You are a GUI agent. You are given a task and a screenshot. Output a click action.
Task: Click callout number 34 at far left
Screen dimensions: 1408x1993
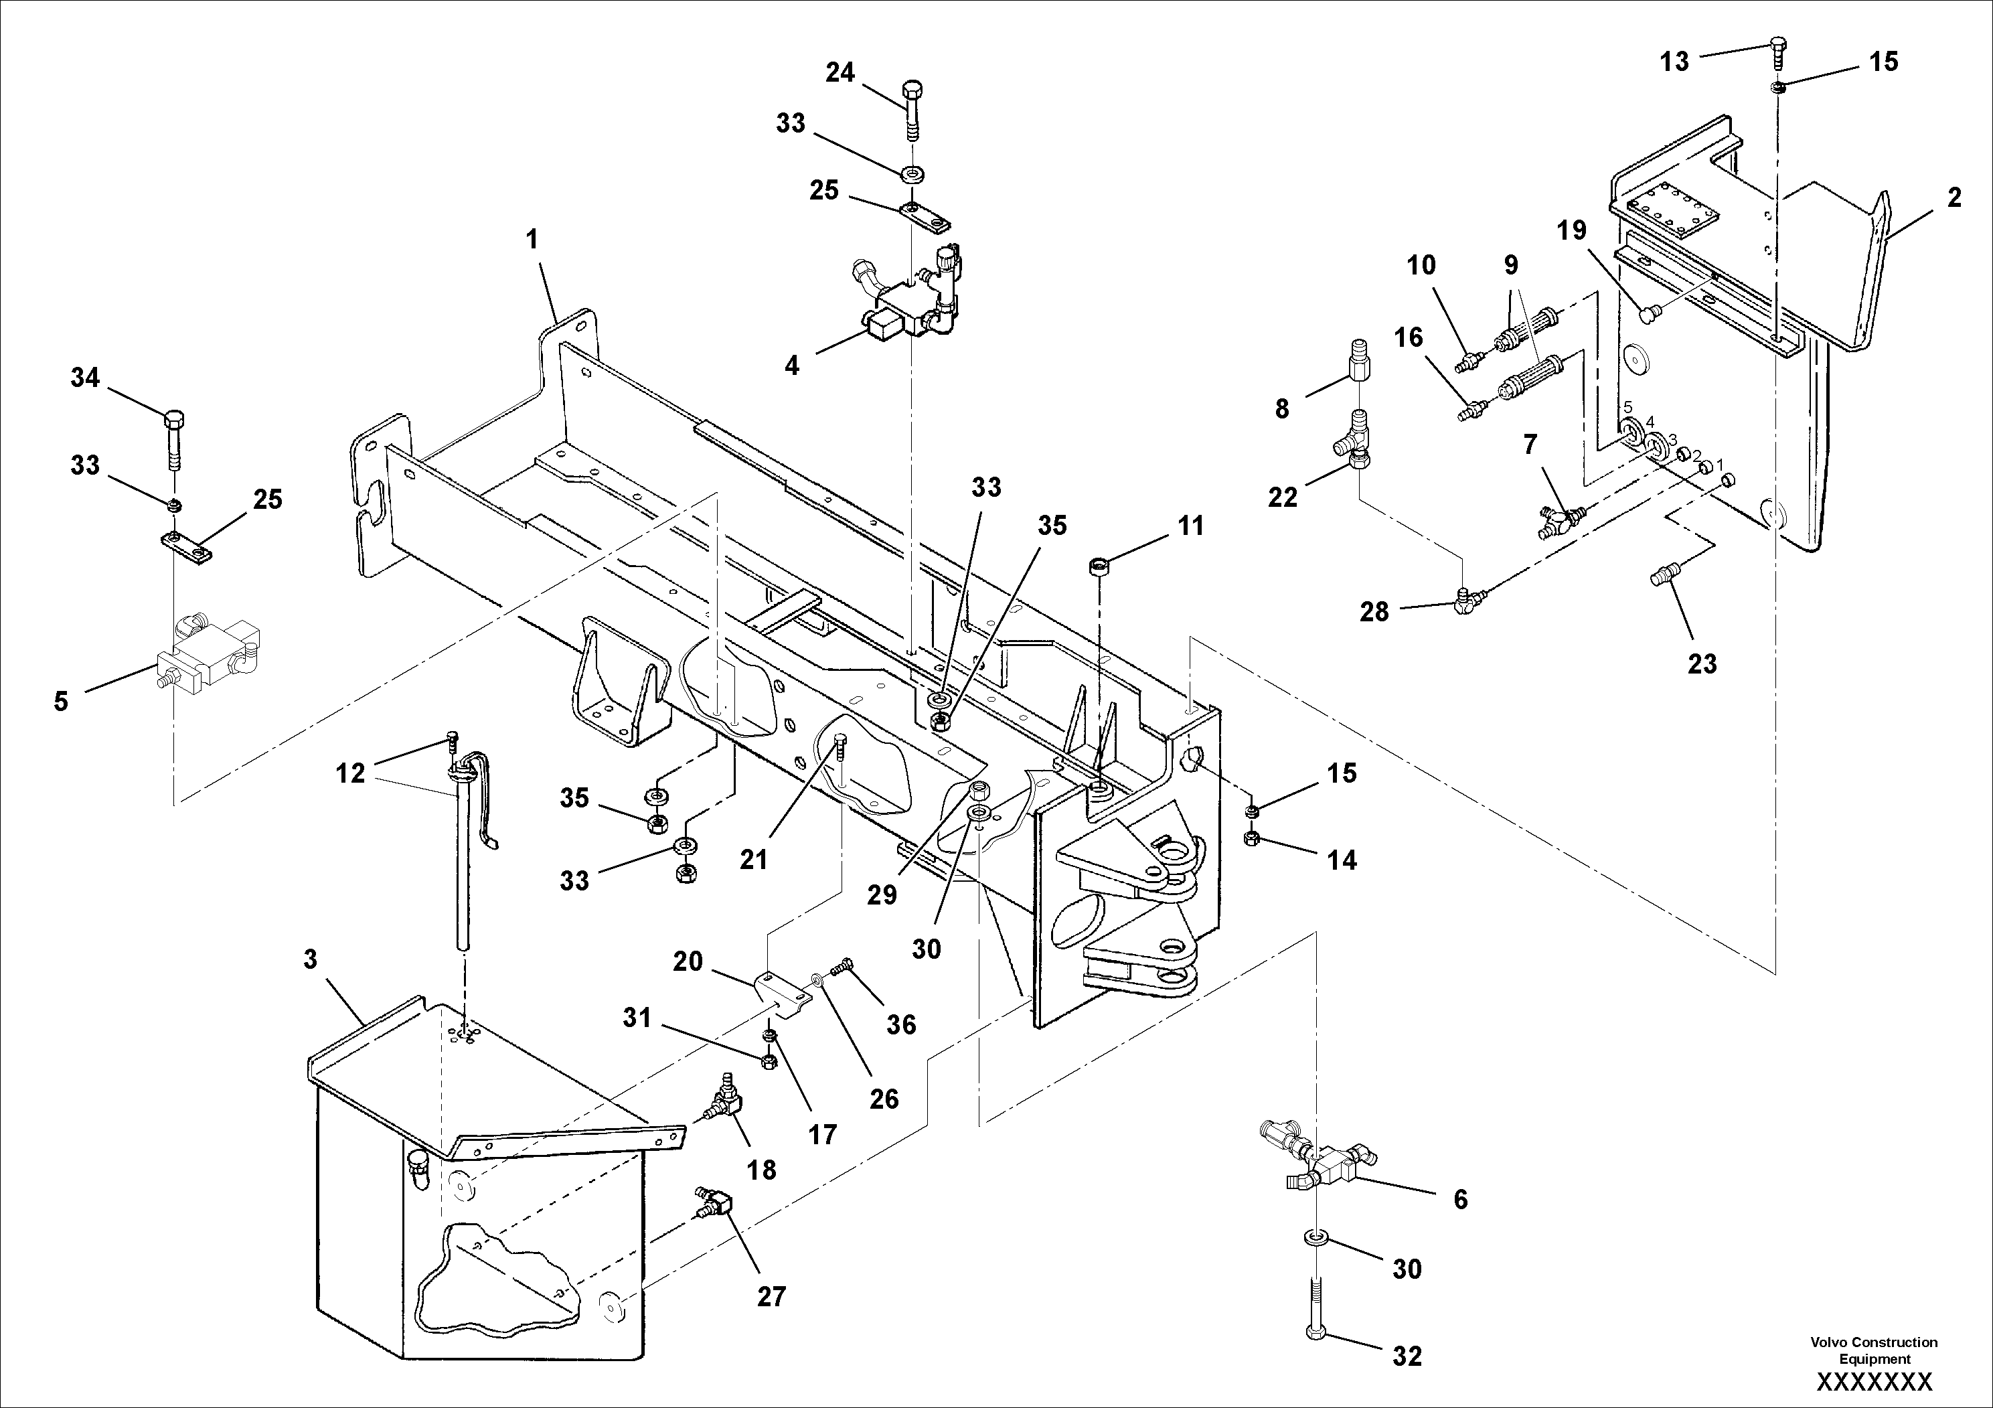click(85, 378)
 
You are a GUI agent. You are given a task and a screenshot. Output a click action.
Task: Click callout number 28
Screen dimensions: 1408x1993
click(1374, 613)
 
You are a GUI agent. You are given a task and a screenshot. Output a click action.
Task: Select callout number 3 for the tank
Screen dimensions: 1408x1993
click(310, 960)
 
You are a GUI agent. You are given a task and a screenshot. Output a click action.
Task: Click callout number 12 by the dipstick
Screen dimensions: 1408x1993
click(351, 773)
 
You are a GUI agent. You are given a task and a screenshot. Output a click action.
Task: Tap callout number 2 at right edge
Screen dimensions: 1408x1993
click(1954, 199)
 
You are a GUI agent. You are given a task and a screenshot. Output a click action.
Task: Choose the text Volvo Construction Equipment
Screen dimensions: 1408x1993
click(1873, 1350)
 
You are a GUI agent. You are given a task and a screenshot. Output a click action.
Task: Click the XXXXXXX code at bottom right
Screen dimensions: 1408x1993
click(1874, 1381)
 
